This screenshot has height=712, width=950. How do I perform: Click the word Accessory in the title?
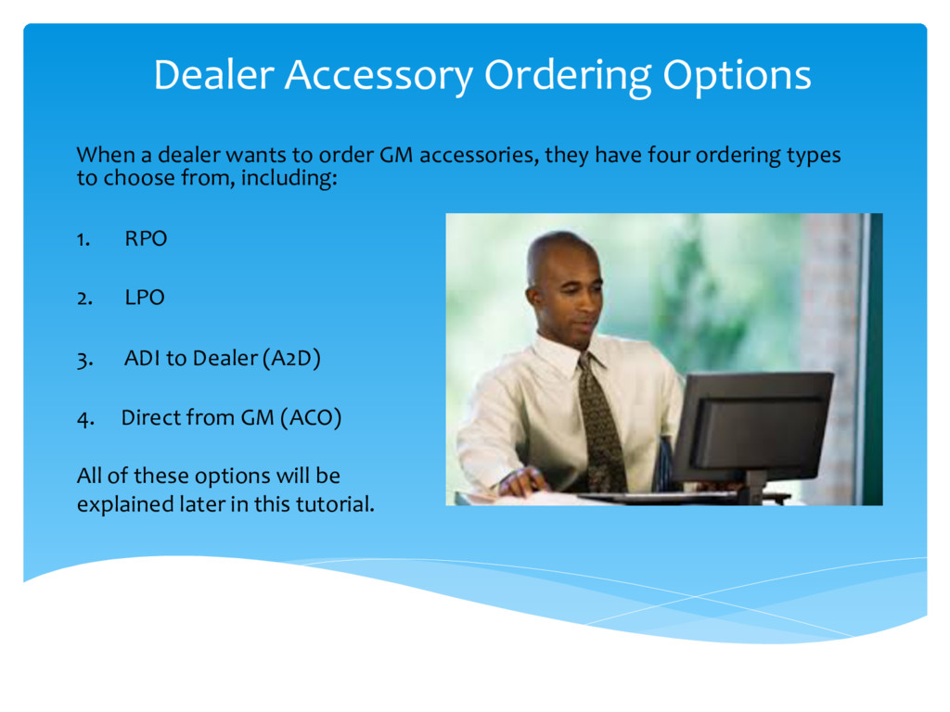pos(379,76)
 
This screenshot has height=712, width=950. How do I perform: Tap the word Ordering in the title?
pos(568,77)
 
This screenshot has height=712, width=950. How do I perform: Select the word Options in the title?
pos(737,77)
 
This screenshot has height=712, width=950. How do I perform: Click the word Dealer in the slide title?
pos(214,74)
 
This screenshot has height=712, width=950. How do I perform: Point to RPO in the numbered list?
pos(146,238)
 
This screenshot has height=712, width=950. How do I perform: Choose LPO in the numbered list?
pos(145,298)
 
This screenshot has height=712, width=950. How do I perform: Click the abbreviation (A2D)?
pos(291,359)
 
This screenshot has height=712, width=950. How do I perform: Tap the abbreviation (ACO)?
pos(311,418)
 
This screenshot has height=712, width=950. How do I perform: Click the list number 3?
pos(84,360)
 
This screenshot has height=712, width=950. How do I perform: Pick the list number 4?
pos(85,420)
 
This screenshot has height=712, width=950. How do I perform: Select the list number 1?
pos(83,240)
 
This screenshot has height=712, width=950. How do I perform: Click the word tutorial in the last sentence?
pos(335,503)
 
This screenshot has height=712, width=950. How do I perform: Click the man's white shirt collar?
pos(570,353)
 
